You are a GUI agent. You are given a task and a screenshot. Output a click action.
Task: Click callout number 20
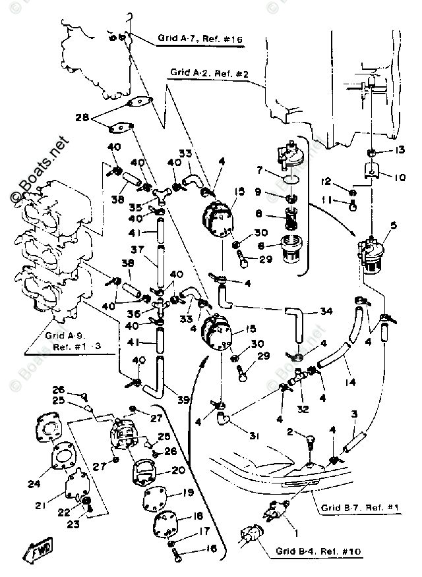(x=178, y=470)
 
